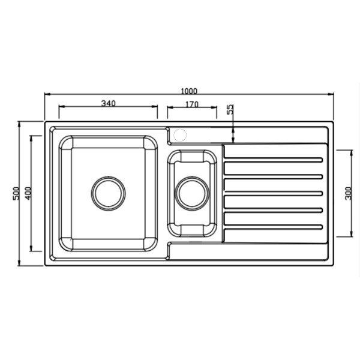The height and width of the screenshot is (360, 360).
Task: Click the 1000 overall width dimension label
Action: click(x=189, y=91)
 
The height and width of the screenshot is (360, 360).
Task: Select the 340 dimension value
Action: click(x=109, y=104)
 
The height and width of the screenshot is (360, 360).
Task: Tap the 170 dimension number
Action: click(x=192, y=104)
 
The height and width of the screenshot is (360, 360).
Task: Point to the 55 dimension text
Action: click(x=230, y=109)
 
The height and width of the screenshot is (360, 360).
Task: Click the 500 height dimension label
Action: click(x=16, y=193)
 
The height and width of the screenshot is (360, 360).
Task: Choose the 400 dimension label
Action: click(x=28, y=193)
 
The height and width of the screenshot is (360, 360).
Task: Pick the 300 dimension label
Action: click(x=348, y=193)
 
